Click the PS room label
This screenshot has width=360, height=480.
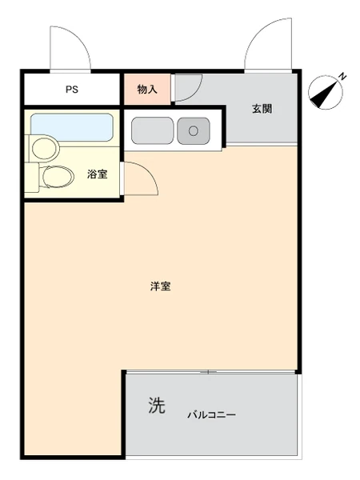72,90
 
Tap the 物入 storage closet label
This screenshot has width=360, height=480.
147,90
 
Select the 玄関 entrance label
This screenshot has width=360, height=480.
262,109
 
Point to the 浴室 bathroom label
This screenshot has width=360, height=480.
98,174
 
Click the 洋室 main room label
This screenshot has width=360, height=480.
161,286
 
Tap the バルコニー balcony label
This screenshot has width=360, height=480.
211,415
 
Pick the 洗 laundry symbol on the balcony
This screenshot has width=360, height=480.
157,405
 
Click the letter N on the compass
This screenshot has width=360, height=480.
343,76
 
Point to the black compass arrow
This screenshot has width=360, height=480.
324,93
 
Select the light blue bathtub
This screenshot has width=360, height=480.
72,127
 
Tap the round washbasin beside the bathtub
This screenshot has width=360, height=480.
46,148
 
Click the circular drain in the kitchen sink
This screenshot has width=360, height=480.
194,131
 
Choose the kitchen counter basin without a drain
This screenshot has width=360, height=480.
152,130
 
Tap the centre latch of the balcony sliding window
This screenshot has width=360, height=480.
208,372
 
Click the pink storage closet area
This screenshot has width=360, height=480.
147,89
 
